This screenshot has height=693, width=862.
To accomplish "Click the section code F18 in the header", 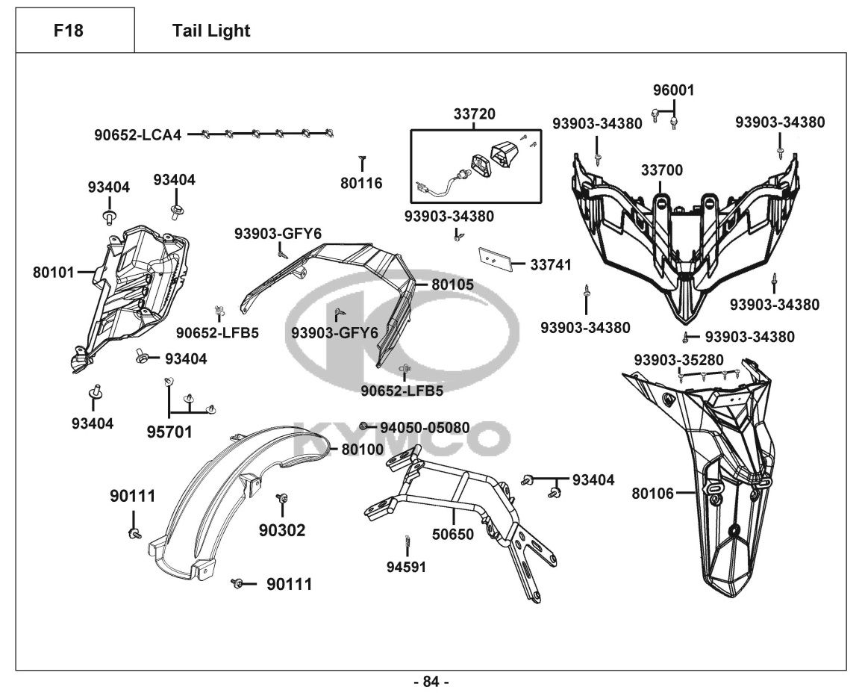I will (x=69, y=31).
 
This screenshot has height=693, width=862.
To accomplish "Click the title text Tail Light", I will (x=211, y=31).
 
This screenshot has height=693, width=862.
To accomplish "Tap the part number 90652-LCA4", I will (x=137, y=135).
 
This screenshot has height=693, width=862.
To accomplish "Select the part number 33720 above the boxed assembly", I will (x=474, y=114).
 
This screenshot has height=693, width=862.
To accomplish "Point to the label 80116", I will (x=362, y=182).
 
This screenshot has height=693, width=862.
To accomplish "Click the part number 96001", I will (x=673, y=90).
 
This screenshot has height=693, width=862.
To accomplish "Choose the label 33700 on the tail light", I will (x=661, y=171).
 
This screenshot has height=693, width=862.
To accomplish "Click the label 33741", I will (x=551, y=264).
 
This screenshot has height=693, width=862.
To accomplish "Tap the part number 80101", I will (x=54, y=273).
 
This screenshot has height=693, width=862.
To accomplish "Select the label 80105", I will (x=452, y=285).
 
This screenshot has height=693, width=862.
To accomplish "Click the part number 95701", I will (x=169, y=432).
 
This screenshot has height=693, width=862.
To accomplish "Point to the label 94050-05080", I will (x=425, y=428).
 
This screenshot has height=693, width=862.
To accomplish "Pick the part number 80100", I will (x=362, y=449).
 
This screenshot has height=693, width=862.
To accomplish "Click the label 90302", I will (x=282, y=530).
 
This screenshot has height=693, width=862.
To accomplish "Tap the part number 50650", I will (x=453, y=534).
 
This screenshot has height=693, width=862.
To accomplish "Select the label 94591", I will (x=406, y=567).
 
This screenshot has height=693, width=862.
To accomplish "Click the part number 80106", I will (x=652, y=493).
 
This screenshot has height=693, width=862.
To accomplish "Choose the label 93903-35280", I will (x=678, y=360).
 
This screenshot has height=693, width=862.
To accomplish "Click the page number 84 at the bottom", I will (x=431, y=681).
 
